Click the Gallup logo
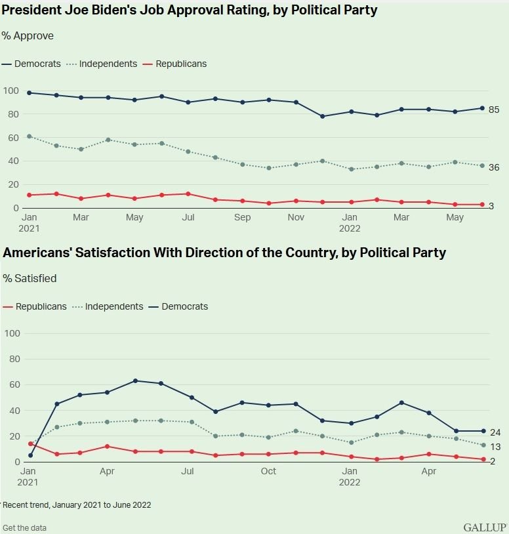(485, 527)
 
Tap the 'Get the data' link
(24, 528)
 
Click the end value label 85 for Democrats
(494, 110)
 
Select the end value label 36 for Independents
(494, 167)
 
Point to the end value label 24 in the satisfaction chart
(495, 432)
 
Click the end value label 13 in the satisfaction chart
(495, 447)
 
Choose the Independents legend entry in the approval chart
(102, 64)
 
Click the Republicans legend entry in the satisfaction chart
(35, 306)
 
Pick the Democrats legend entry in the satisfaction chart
(178, 306)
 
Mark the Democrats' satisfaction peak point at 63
(136, 380)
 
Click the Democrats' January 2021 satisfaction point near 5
(31, 455)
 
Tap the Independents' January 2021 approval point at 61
(30, 136)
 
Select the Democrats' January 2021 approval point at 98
(30, 92)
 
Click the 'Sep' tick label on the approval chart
(243, 217)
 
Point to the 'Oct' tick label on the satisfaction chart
(269, 471)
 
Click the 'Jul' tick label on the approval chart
(188, 217)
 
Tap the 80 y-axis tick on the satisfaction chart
(14, 359)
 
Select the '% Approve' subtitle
(28, 36)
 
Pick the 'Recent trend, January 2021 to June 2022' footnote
(77, 504)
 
